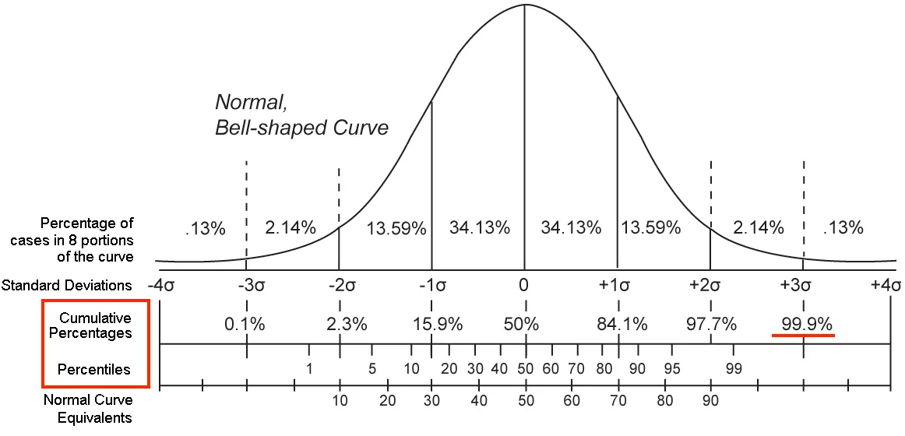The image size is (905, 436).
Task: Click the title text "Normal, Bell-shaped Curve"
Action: coord(301,114)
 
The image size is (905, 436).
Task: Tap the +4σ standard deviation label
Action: coord(885,285)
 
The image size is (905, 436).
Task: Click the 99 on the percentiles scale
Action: coord(733,368)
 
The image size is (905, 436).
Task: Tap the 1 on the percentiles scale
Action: coord(309,368)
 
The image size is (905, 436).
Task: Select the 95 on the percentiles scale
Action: coord(667,368)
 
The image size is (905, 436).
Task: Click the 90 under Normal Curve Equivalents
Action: coord(710,401)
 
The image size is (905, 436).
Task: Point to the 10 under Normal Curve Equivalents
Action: coord(340,401)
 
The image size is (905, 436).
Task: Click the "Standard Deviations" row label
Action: coord(67,286)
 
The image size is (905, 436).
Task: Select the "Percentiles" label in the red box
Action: coord(93,367)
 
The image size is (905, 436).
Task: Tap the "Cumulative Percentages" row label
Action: coord(95,325)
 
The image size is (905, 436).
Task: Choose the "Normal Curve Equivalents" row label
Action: coord(88,409)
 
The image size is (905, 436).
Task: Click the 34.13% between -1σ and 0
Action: coord(479,228)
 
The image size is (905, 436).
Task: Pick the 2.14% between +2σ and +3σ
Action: coord(758,228)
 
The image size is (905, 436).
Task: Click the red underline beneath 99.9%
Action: coord(803,336)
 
